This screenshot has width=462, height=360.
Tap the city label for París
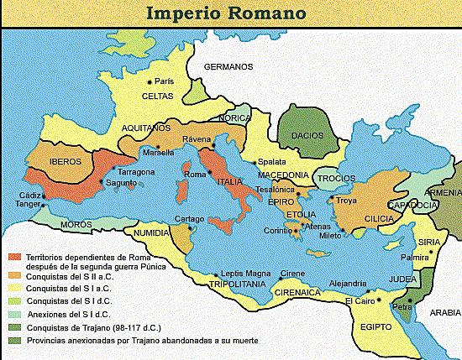164,81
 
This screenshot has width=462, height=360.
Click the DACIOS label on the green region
307,134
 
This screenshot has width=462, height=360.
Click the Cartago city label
183,218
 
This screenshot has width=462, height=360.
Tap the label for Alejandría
348,284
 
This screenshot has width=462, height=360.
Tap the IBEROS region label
64,161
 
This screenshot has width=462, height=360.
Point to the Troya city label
346,201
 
